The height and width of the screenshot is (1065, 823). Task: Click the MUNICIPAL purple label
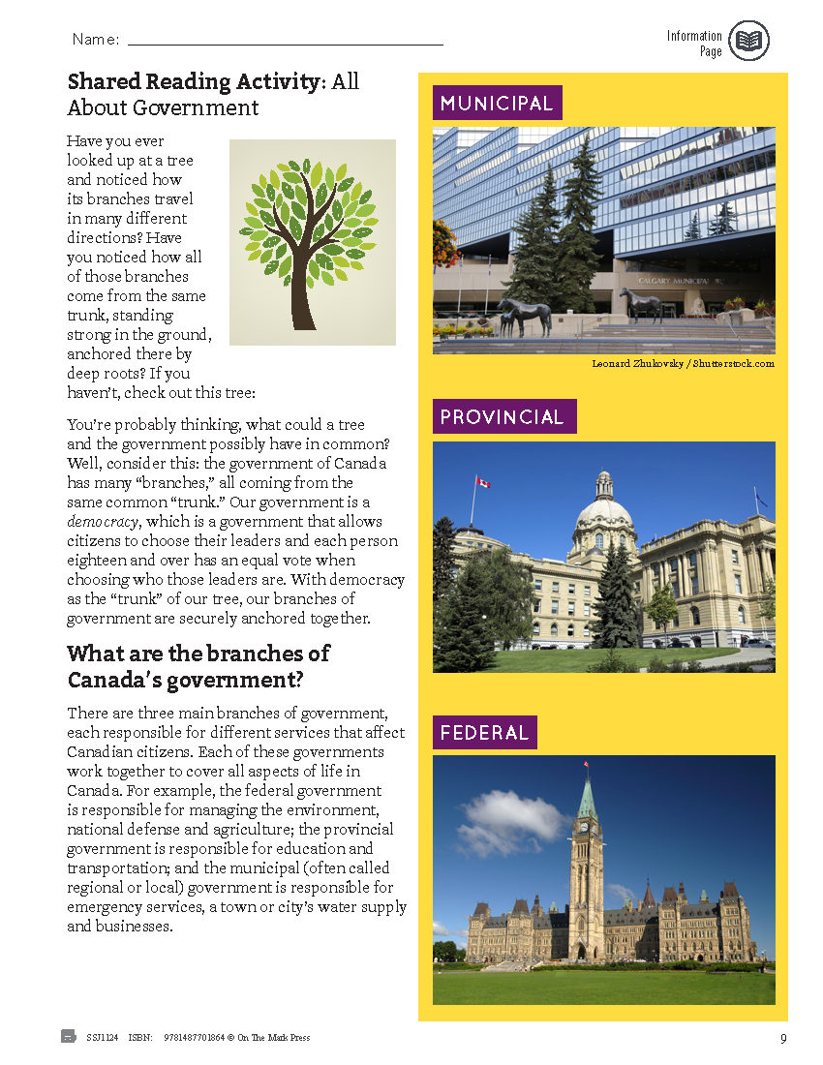[x=497, y=103]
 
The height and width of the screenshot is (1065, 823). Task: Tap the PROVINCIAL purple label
[x=503, y=416]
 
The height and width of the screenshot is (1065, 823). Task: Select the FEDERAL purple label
[x=484, y=732]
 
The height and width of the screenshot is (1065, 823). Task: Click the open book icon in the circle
[x=748, y=41]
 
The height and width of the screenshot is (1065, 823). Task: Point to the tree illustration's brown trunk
[x=303, y=290]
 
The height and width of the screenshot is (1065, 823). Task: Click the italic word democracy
[x=103, y=522]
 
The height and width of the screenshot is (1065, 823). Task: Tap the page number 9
[x=783, y=1039]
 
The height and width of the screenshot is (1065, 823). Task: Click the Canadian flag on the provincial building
[x=482, y=481]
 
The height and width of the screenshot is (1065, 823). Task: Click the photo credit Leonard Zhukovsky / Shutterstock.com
[x=684, y=364]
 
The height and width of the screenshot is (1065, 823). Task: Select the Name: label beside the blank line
[x=96, y=40]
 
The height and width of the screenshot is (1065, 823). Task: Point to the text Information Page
[x=694, y=44]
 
